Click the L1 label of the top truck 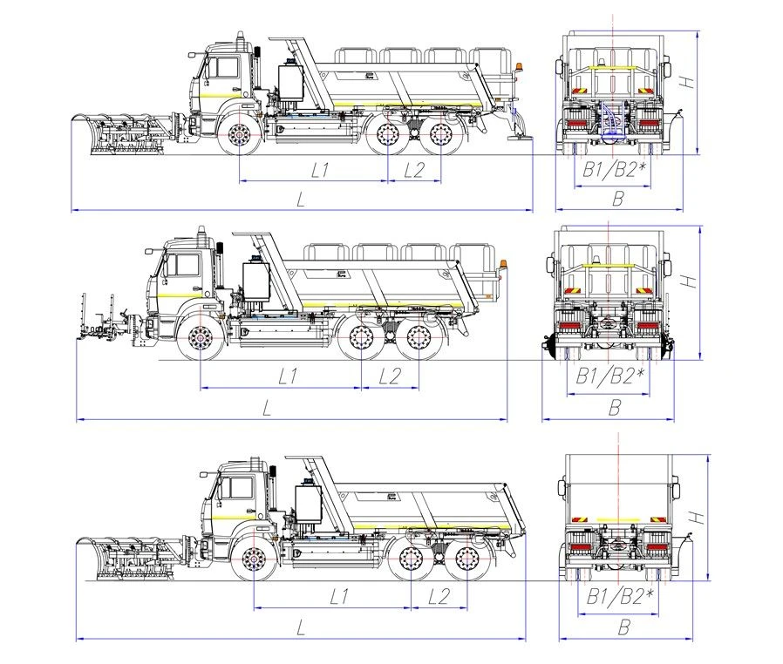pos(319,171)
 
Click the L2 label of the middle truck pos(390,376)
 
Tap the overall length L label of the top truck pos(301,200)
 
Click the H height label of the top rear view pos(687,83)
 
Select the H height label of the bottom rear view pos(698,517)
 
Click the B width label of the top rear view pos(617,200)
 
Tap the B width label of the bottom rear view pos(623,627)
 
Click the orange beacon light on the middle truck pos(505,262)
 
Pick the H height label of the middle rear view pos(690,281)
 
